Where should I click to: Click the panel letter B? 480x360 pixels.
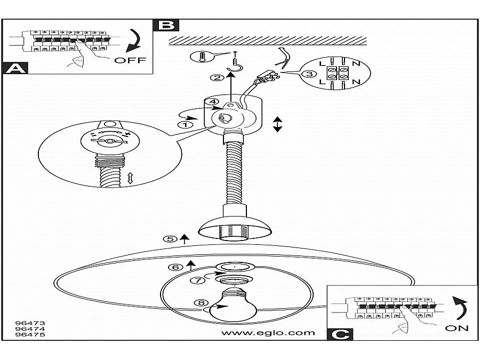click(165, 25)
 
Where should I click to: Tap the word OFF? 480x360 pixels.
click(130, 60)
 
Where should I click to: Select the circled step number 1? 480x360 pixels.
click(185, 124)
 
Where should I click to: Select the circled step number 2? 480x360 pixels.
click(217, 78)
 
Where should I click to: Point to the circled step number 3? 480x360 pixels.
click(308, 74)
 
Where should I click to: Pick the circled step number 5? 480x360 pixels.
click(170, 239)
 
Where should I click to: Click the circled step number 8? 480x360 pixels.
click(201, 303)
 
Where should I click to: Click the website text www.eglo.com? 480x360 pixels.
click(268, 333)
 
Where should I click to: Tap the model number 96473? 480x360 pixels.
click(30, 323)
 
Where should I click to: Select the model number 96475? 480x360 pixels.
click(30, 335)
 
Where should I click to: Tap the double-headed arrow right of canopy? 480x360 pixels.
click(277, 124)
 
